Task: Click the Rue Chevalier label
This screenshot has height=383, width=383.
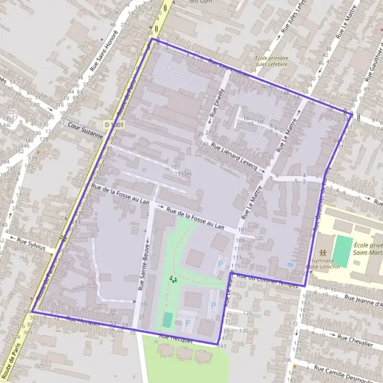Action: (x=354, y=342)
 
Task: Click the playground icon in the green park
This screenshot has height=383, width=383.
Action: (x=172, y=278)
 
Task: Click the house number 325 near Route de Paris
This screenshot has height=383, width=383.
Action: (x=40, y=366)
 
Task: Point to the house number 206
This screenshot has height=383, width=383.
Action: (x=286, y=361)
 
